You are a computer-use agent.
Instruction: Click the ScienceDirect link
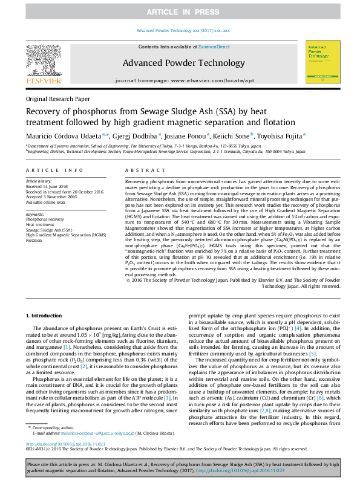214,47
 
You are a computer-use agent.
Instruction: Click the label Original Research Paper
57,99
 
